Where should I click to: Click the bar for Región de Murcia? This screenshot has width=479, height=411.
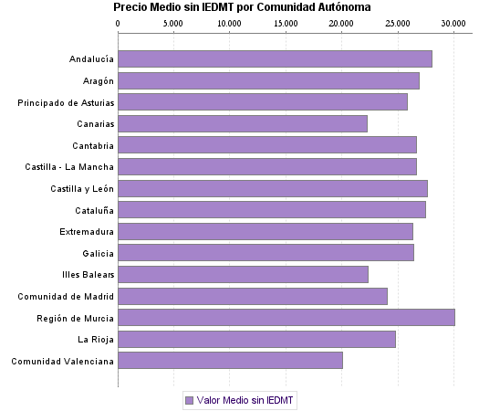coord(286,317)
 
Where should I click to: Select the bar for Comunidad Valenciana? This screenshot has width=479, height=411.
coord(230,361)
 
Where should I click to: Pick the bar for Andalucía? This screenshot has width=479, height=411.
coord(275,59)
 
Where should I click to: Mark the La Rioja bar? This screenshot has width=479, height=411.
coord(256,339)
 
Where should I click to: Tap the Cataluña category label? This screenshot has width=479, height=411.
coord(93,210)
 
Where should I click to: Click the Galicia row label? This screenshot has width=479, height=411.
coord(98,253)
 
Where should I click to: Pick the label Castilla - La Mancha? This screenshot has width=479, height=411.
coord(70,166)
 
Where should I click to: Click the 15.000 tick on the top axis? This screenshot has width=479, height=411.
coord(286,22)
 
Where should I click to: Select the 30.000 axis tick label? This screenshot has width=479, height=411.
coord(453,22)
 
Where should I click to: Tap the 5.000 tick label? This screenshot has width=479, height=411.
coord(173,22)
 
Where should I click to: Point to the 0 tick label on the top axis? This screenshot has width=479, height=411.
coord(119,22)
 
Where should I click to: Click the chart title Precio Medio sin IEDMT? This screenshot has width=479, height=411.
coord(243,7)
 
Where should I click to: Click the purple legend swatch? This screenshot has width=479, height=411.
coord(189,400)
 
